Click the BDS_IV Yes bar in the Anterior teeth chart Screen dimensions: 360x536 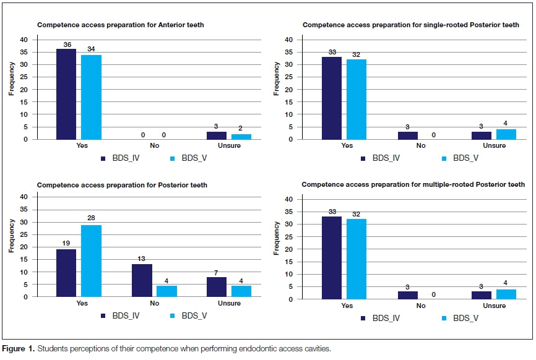[x=66, y=94]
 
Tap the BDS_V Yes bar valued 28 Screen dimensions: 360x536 [x=92, y=260]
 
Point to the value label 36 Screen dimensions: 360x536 [x=66, y=45]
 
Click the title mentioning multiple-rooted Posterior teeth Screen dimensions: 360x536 [x=413, y=184]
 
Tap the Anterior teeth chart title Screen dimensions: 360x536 [x=121, y=25]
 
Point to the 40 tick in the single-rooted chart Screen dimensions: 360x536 [x=288, y=40]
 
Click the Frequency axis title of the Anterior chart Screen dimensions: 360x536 [x=12, y=83]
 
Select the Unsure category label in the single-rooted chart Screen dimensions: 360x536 [x=493, y=146]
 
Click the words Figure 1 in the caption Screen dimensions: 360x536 [x=19, y=349]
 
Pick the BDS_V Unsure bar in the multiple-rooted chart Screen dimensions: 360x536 [x=506, y=294]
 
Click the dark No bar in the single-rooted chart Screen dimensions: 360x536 [x=407, y=135]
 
